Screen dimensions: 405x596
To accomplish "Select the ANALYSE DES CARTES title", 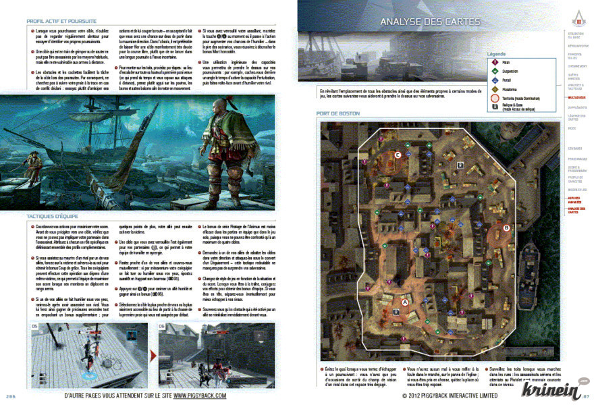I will [430, 22].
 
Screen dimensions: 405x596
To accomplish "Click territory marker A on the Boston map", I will [405, 303].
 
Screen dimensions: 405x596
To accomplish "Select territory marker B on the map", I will [506, 228].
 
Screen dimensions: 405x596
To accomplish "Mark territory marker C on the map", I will [398, 155].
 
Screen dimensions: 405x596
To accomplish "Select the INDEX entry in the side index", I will [572, 128].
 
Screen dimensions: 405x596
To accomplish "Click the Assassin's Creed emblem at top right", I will [577, 12].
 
